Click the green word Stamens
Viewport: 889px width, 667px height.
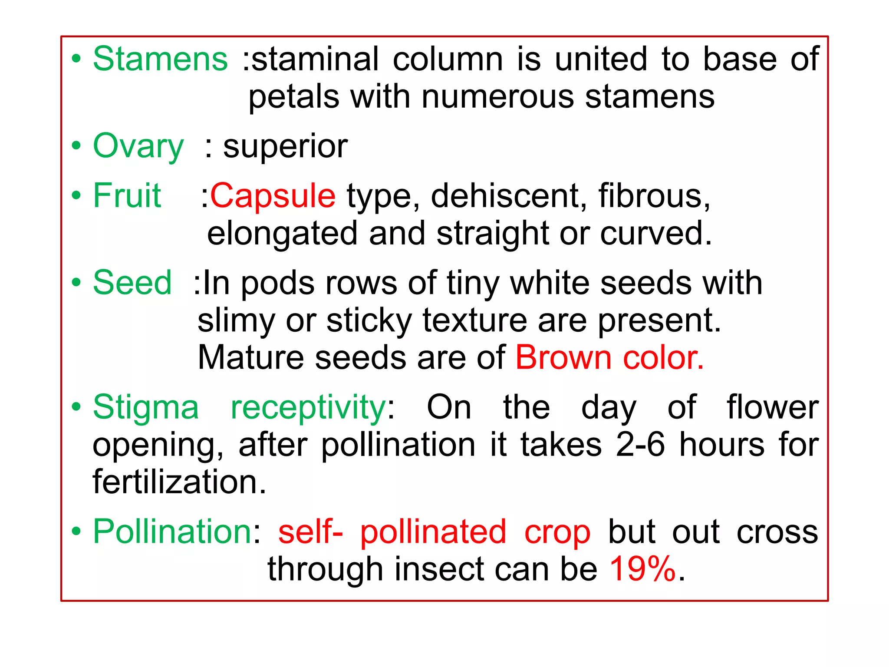pos(160,59)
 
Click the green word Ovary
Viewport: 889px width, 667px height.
pos(138,147)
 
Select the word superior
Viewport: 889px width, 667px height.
pos(285,147)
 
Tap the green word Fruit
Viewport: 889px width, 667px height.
pos(127,196)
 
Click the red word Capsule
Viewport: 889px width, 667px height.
pos(273,196)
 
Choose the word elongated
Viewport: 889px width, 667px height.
pos(282,234)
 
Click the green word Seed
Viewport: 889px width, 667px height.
pos(132,283)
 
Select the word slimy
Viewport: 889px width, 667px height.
pos(236,321)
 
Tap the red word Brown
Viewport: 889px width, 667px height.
pos(563,358)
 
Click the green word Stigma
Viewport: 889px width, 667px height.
pos(146,408)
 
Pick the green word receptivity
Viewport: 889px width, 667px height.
pos(308,408)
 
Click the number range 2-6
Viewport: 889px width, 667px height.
pos(640,445)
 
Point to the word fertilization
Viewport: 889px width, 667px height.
pos(179,482)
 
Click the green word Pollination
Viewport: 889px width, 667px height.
pos(172,532)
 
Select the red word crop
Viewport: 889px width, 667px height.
pos(557,532)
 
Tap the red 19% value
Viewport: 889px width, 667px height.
pos(643,569)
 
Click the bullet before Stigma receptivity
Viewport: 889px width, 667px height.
pos(76,408)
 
